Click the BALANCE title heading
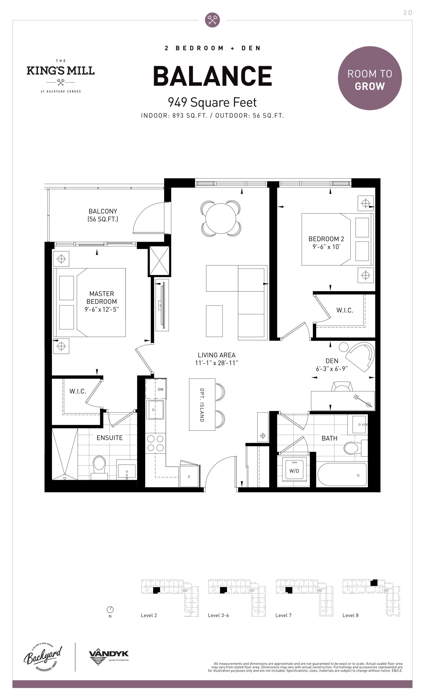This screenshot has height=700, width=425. coord(212,76)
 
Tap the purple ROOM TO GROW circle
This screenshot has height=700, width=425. coord(369,78)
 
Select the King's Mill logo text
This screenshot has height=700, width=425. coord(60,71)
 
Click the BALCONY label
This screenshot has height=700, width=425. coord(103,211)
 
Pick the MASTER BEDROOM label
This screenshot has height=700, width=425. coord(101,297)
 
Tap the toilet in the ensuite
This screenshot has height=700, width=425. coord(99,468)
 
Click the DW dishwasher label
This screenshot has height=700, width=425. coord(161,389)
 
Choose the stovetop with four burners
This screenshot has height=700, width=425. coord(155,443)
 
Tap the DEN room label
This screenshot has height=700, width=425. coord(332,361)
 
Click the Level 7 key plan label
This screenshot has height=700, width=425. coord(283,615)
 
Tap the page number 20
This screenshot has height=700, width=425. coord(408,13)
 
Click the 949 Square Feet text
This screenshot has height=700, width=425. coord(212,102)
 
